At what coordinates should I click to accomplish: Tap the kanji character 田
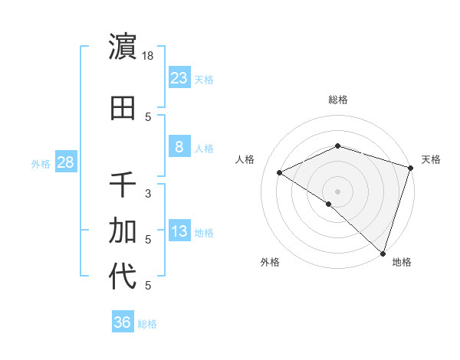(x=123, y=108)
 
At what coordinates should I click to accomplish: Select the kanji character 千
(x=123, y=185)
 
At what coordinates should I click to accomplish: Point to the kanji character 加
(x=123, y=230)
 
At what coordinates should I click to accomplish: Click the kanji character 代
(x=123, y=277)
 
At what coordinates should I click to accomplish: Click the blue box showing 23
(x=179, y=78)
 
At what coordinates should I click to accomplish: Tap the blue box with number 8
(x=179, y=147)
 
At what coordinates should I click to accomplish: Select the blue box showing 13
(x=179, y=232)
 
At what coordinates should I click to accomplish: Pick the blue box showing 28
(x=65, y=162)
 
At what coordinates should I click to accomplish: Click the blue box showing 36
(x=123, y=322)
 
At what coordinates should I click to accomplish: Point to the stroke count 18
(x=149, y=55)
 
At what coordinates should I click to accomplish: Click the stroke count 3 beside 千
(x=149, y=193)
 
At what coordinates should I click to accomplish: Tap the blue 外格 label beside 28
(x=41, y=163)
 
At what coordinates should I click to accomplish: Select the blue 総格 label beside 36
(x=147, y=323)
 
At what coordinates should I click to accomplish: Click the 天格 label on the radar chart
(x=431, y=159)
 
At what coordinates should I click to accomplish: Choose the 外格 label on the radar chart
(x=270, y=262)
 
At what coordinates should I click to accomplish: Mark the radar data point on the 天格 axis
(x=411, y=167)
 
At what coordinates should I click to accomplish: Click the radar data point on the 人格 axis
(x=280, y=173)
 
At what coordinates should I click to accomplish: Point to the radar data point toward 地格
(x=383, y=253)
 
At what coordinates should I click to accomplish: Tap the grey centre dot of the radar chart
(x=337, y=191)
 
